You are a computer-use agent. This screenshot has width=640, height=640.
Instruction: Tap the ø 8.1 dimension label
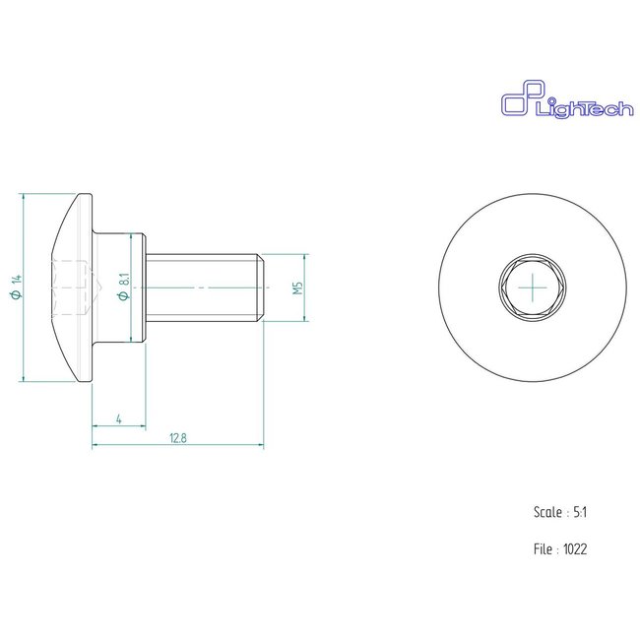click(x=123, y=288)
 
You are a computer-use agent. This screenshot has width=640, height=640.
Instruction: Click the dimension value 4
click(x=118, y=420)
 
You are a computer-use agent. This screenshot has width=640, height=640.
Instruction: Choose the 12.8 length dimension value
click(x=178, y=438)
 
